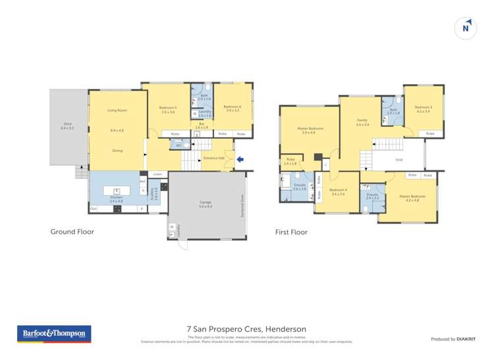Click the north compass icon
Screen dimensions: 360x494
tap(466, 28)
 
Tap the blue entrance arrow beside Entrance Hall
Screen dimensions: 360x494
tap(240, 159)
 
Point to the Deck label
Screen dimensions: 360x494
tap(67, 123)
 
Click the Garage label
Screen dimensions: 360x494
tap(205, 202)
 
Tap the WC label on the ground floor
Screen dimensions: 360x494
tap(178, 145)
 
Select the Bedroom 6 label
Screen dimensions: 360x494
tap(232, 107)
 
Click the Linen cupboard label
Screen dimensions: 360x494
tap(157, 174)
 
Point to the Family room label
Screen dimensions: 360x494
tap(362, 120)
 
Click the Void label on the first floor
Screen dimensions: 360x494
tap(398, 159)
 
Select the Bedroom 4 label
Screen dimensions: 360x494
tap(339, 192)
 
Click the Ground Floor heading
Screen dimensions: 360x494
tap(72, 232)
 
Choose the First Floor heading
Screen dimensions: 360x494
tap(291, 232)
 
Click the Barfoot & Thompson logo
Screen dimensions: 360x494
tap(54, 334)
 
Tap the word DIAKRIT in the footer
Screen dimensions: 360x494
tap(465, 339)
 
